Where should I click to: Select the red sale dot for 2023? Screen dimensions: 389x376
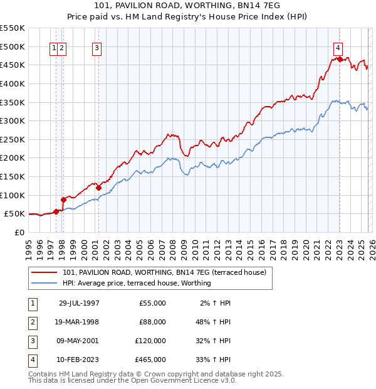[340, 59]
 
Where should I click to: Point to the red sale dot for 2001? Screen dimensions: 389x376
[98, 187]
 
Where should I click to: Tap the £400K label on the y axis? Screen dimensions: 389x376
[13, 83]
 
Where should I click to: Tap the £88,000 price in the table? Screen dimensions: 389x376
[152, 322]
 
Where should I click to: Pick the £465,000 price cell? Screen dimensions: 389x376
[151, 360]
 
